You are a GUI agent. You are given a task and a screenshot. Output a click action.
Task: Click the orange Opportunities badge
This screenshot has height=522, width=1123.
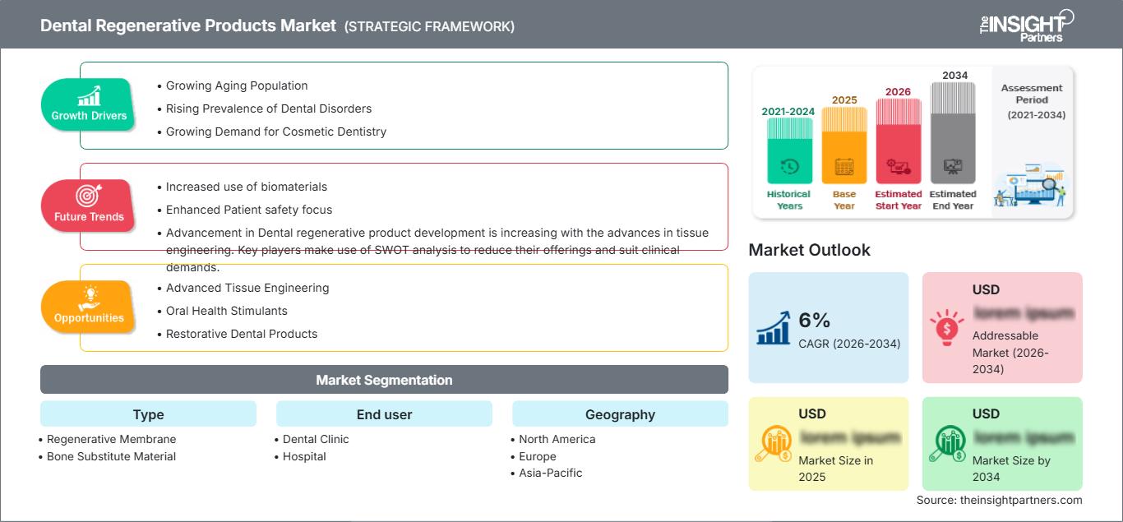pos(89,307)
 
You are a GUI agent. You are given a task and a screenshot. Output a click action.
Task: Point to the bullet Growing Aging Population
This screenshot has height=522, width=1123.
pos(237,85)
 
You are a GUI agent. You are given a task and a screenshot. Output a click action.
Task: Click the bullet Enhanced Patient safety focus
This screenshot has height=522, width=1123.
pos(248,210)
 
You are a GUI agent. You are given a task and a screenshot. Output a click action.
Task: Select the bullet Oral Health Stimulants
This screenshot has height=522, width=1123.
pos(226,311)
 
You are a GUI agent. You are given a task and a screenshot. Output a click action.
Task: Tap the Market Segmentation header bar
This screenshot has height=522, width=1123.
pos(384,380)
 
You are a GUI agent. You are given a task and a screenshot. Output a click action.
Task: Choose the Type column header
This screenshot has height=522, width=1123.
pos(148,414)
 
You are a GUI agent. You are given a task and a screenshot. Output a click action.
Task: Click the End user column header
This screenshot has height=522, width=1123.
pos(384,414)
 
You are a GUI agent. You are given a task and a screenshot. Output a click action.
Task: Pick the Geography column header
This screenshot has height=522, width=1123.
pos(620,414)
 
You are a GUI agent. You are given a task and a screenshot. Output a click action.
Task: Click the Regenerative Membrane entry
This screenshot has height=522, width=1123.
pos(111,439)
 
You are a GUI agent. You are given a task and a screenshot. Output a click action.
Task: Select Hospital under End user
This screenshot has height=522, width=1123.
pos(304,456)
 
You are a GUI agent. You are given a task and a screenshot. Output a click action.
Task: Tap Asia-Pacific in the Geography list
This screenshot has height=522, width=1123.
pos(550,473)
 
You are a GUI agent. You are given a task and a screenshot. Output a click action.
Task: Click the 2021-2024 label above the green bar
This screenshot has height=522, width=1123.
pos(789,111)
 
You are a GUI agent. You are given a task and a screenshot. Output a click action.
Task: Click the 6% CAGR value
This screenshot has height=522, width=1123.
pos(815,321)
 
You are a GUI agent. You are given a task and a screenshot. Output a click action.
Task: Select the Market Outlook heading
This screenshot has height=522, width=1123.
pos(809,250)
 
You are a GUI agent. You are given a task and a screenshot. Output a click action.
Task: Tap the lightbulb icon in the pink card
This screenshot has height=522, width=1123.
pos(946,326)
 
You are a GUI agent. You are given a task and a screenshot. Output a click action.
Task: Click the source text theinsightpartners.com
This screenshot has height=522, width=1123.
pos(999,500)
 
